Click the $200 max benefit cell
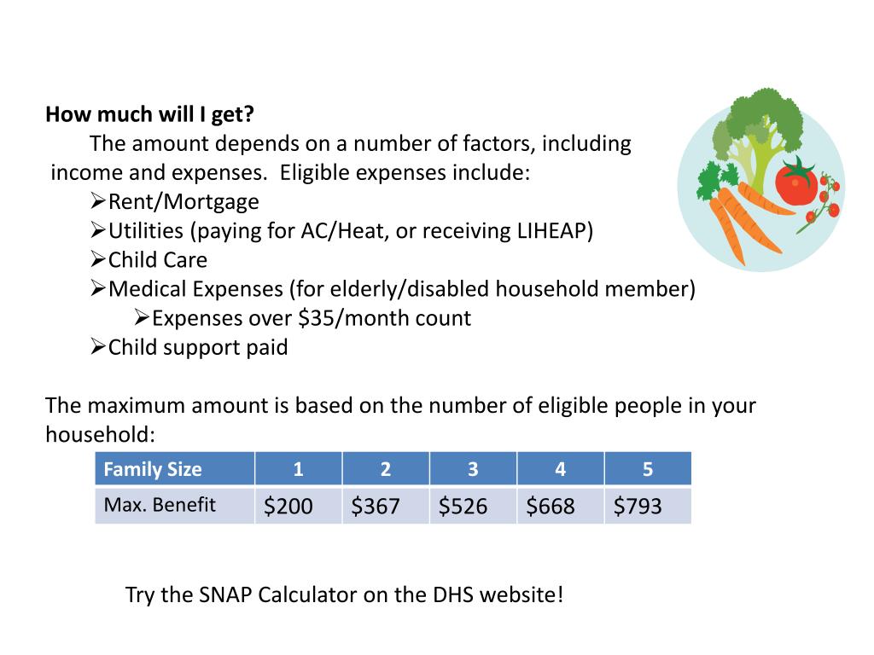pos(288,506)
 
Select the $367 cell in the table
pos(376,506)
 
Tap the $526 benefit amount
pos(463,506)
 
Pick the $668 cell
pos(551,506)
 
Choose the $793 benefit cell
pos(638,506)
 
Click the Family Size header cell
pos(153,469)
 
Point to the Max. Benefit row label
pos(160,505)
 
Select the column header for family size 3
pos(473,469)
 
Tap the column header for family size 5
pos(648,469)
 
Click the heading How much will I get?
pos(150,114)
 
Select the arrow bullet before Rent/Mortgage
pos(97,201)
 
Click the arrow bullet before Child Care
pos(97,259)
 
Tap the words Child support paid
pos(198,348)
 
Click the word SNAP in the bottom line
pos(226,594)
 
